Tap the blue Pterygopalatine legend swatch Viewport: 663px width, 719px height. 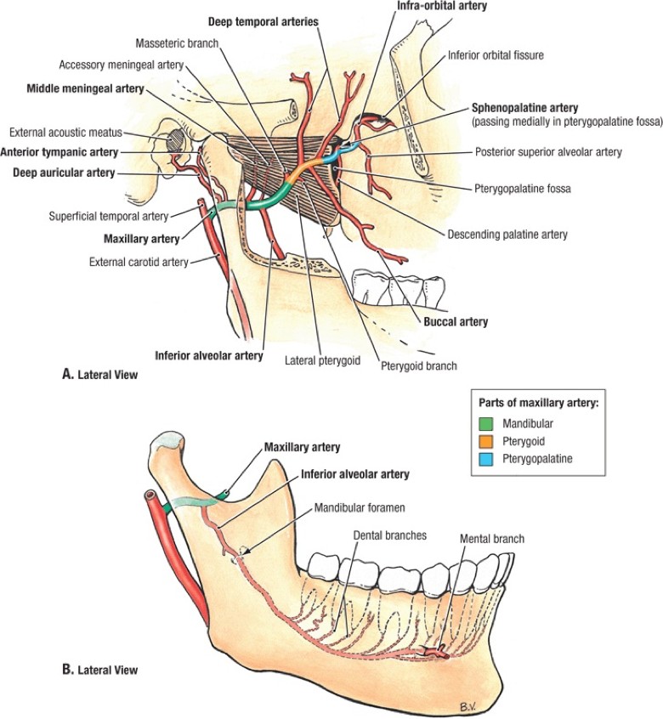[x=487, y=458]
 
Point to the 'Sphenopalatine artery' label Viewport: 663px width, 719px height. [x=525, y=108]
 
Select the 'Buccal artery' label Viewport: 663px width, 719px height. [x=455, y=322]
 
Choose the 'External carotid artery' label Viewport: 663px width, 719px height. [x=138, y=262]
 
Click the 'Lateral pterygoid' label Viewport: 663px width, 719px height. [x=321, y=360]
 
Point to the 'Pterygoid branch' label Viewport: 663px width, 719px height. [x=419, y=366]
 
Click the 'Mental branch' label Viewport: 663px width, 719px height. [x=492, y=539]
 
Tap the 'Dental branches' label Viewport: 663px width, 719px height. [x=390, y=536]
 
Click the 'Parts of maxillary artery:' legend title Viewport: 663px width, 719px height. [x=541, y=402]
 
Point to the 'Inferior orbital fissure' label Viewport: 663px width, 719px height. [x=497, y=56]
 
